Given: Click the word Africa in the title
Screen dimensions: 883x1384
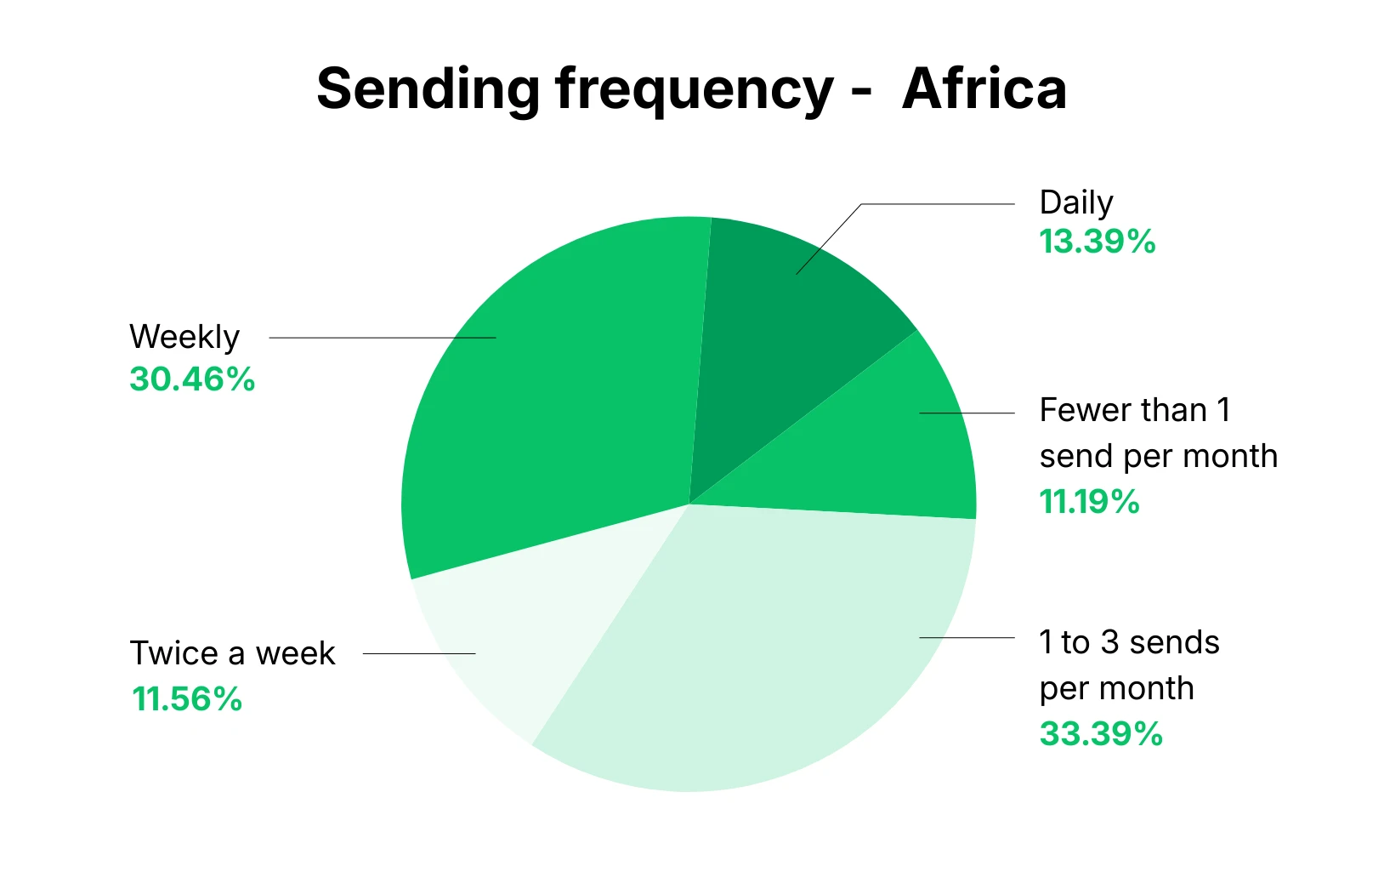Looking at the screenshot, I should coord(984,88).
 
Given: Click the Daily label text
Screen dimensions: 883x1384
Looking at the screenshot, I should coord(1075,202).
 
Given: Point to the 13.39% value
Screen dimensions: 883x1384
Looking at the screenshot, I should coord(1097,242).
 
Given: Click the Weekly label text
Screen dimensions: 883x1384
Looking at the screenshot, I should coord(184,337).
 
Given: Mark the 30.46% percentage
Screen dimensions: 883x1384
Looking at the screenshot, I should coord(192,379).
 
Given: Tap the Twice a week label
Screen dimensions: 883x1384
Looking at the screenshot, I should coord(232,653).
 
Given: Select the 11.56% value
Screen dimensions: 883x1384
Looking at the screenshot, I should coord(187,699).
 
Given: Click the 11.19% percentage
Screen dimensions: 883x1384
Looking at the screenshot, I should coord(1089,502).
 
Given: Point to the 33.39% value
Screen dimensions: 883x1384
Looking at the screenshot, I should coord(1101,733).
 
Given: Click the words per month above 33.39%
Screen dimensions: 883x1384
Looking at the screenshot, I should coord(1116,688).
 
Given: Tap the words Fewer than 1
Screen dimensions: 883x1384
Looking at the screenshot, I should coord(1134,410).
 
